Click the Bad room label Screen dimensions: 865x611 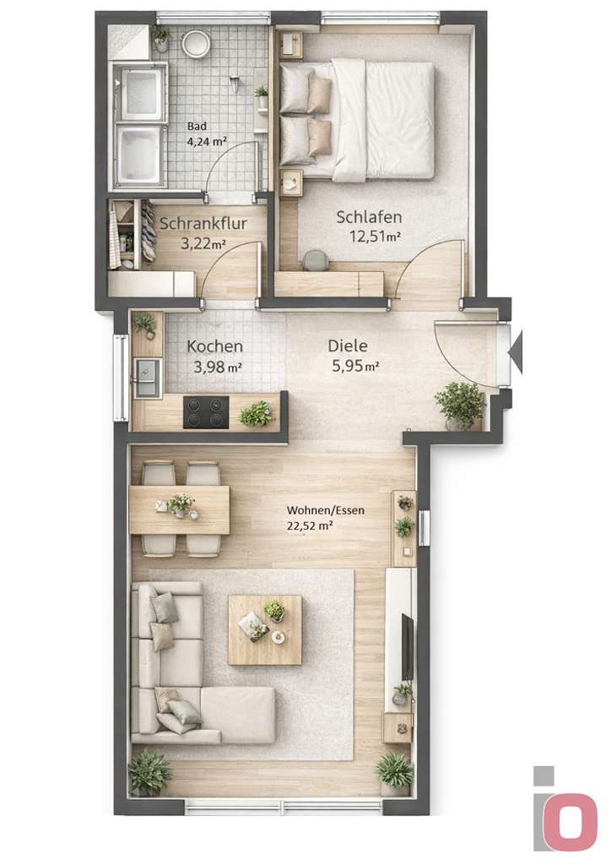tap(197, 127)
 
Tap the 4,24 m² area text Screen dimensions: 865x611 tap(207, 142)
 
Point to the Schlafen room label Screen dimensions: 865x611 tap(369, 217)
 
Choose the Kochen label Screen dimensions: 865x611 tap(215, 346)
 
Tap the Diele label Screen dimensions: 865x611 tap(349, 345)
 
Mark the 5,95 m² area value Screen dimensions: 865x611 tap(353, 366)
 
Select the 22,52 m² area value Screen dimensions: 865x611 tap(310, 525)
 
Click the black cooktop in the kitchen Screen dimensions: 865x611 tap(205, 412)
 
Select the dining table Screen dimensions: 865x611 tap(179, 510)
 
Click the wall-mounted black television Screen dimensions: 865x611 tap(408, 647)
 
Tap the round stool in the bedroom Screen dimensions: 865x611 tap(316, 260)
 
